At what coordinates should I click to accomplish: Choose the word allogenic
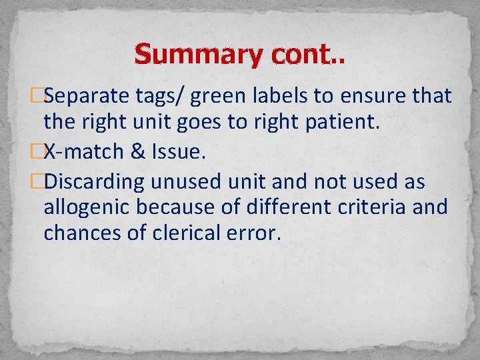pos(87,207)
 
